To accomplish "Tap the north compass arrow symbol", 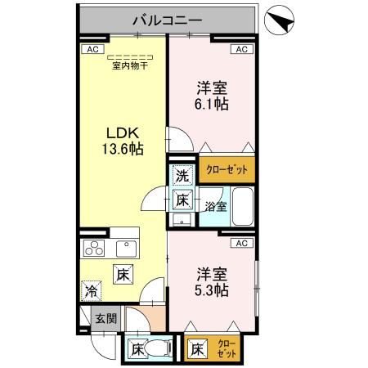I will [280, 21].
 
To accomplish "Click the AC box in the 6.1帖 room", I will [241, 50].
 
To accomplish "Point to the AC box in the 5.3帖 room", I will [241, 243].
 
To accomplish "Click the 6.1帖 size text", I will [211, 105].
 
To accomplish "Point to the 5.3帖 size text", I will [211, 290].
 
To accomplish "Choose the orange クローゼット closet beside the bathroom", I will [227, 169].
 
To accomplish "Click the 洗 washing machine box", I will [182, 175].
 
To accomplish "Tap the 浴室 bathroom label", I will [215, 206].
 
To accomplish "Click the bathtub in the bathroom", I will [241, 205].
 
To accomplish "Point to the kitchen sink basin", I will [127, 249].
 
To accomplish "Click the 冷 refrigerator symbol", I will [91, 290].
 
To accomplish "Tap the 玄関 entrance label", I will [100, 318].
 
